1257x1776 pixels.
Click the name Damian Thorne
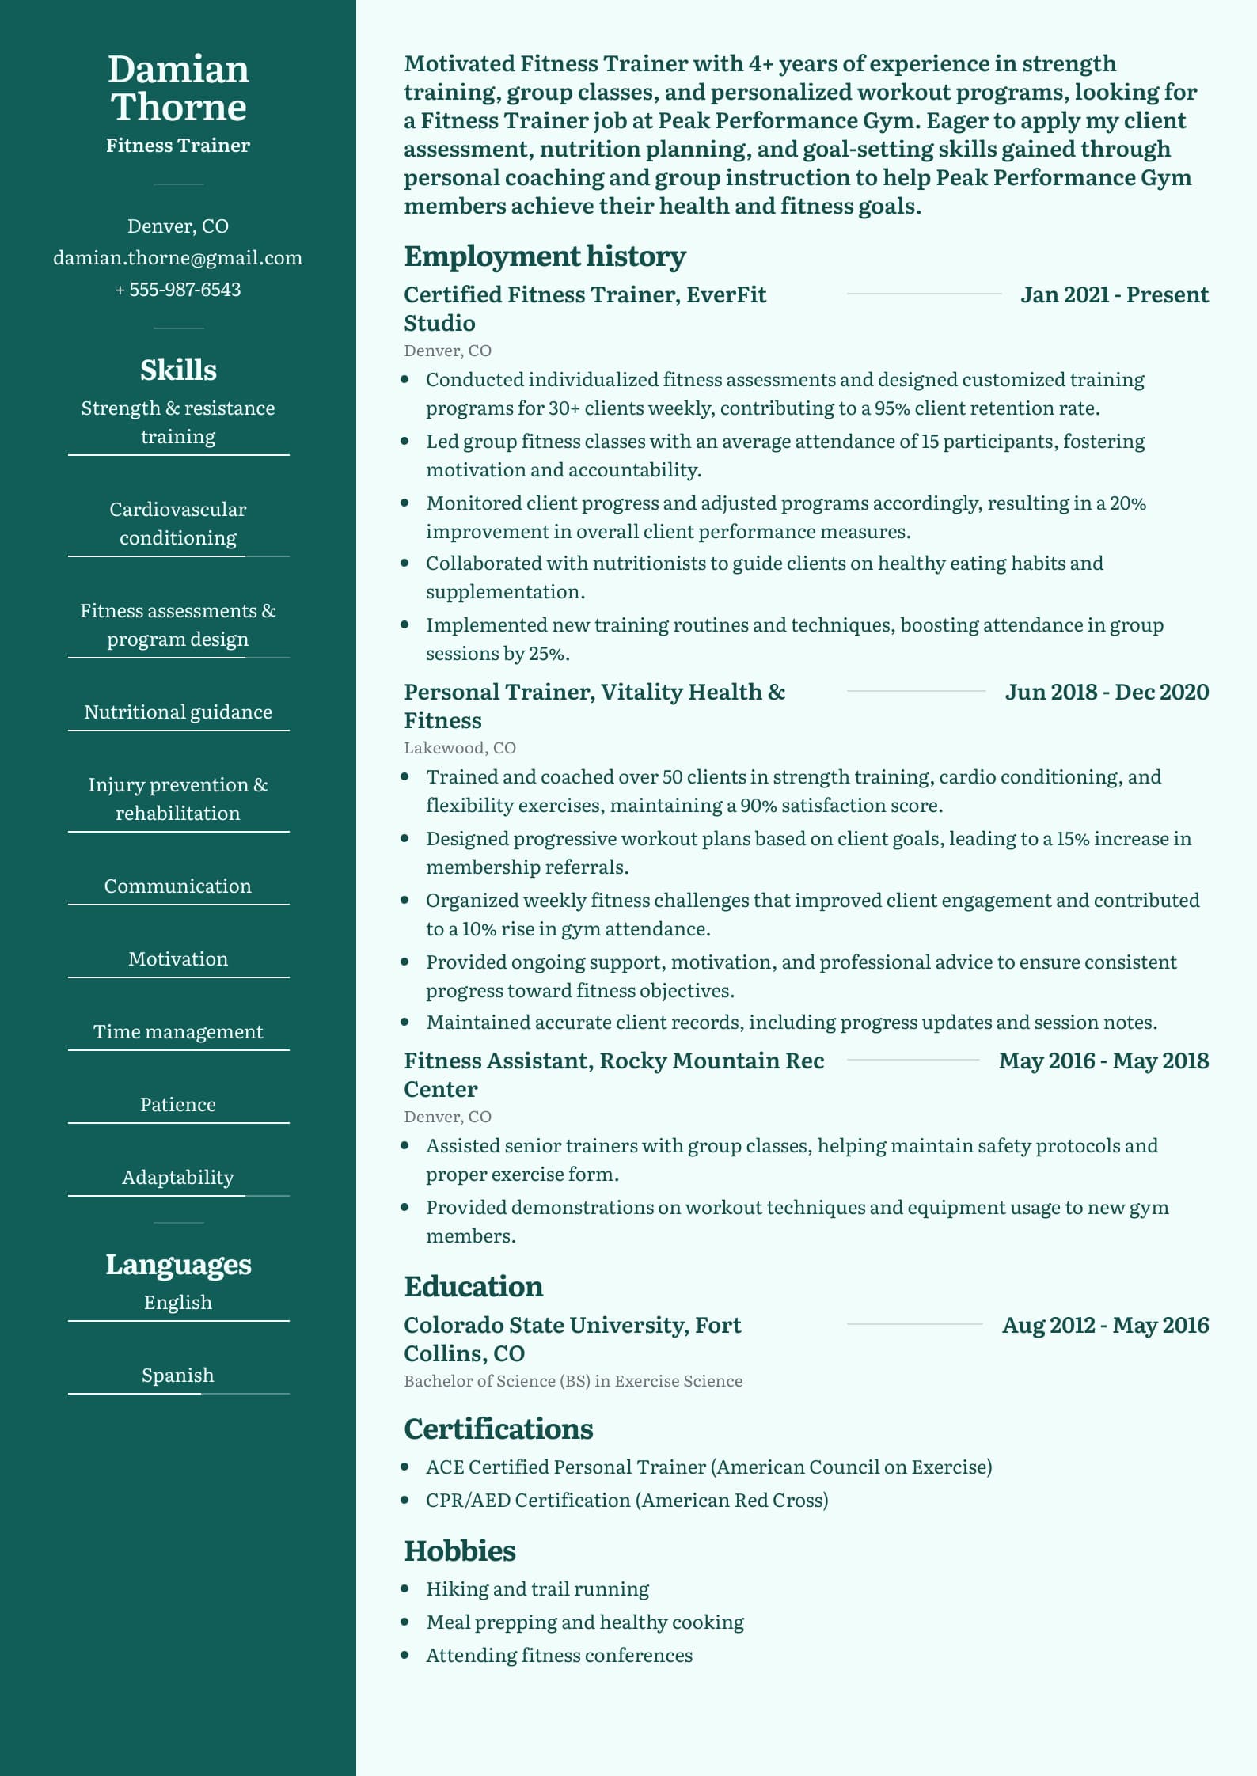click(178, 88)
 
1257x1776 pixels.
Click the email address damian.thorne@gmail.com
click(178, 258)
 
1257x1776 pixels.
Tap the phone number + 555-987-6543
click(178, 290)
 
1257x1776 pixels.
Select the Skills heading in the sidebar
click(178, 370)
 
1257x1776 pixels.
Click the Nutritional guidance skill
click(178, 712)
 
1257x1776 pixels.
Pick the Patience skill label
click(178, 1105)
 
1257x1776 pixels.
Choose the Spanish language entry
click(178, 1376)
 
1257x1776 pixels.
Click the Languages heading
click(178, 1265)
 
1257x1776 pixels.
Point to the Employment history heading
click(545, 256)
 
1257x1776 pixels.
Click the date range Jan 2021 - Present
click(1114, 295)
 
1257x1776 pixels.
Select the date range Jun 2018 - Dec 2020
click(1107, 693)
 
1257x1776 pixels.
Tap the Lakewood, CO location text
click(460, 748)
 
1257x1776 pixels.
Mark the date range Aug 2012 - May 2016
click(1105, 1326)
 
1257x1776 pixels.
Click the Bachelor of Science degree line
click(573, 1381)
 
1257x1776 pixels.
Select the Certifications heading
click(499, 1429)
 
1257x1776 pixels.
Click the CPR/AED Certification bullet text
click(627, 1501)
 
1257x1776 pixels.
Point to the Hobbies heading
click(460, 1551)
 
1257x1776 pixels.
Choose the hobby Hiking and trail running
click(537, 1589)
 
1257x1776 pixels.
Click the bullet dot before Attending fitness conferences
click(405, 1655)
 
